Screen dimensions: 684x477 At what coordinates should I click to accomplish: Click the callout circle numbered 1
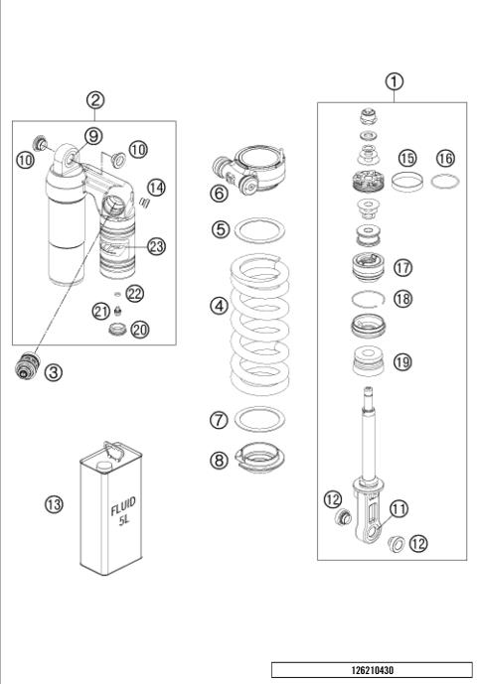pos(395,82)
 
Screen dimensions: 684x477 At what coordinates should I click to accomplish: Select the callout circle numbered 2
pos(96,99)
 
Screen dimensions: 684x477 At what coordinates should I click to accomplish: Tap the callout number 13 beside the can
pos(55,504)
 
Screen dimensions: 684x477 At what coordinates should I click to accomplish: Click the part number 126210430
pos(372,671)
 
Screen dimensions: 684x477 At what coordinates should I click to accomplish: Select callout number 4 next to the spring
pos(219,306)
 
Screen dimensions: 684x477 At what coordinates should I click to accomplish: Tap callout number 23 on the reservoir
pos(156,246)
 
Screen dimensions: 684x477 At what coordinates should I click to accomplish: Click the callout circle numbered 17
pos(402,267)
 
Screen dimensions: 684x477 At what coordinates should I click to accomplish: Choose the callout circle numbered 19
pos(401,362)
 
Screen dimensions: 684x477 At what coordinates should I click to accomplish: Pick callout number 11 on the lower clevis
pos(398,509)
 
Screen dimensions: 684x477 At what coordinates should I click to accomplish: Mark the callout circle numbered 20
pos(140,330)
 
